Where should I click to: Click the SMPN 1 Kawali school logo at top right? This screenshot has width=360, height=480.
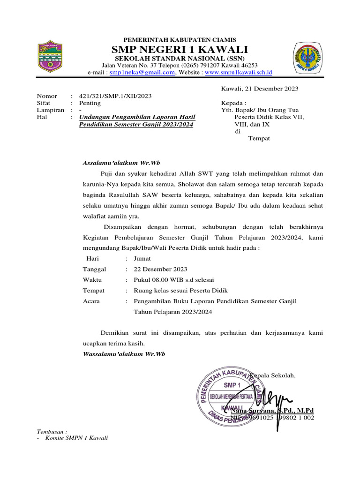pos(308,58)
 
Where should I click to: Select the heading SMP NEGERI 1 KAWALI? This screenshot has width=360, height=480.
pos(180,50)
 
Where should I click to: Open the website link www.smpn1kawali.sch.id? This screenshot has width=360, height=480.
pos(239,73)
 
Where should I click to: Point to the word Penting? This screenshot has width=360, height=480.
pos(89,103)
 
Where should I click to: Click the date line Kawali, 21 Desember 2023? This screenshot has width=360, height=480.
pos(259,89)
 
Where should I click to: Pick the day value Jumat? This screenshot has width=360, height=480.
pos(142,258)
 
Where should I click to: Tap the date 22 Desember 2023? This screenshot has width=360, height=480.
pos(160,269)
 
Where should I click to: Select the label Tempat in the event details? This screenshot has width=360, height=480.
pos(93,291)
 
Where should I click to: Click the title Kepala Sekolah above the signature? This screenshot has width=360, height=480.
pos(273,375)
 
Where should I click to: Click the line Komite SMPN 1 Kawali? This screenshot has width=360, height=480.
pos(75,438)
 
